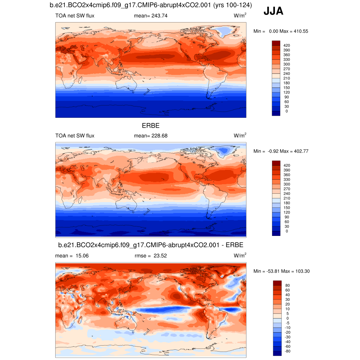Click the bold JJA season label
[273, 12]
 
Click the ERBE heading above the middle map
[150, 126]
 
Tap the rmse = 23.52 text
[151, 256]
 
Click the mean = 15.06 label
[72, 256]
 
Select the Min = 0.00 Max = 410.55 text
[281, 31]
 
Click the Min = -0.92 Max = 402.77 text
[281, 151]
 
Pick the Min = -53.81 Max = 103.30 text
[281, 271]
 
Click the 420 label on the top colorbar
[287, 45]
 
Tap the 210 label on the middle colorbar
[287, 198]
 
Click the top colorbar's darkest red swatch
[276, 43]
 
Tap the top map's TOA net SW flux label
[75, 16]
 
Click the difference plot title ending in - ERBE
[150, 245]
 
